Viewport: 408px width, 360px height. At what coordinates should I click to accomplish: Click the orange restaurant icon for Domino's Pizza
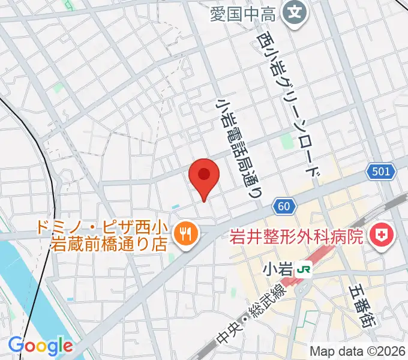184,233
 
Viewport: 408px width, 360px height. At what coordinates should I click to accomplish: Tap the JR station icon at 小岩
305,269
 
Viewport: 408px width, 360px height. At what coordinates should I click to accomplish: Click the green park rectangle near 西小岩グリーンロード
286,142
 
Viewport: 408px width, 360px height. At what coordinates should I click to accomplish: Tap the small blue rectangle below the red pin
175,207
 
